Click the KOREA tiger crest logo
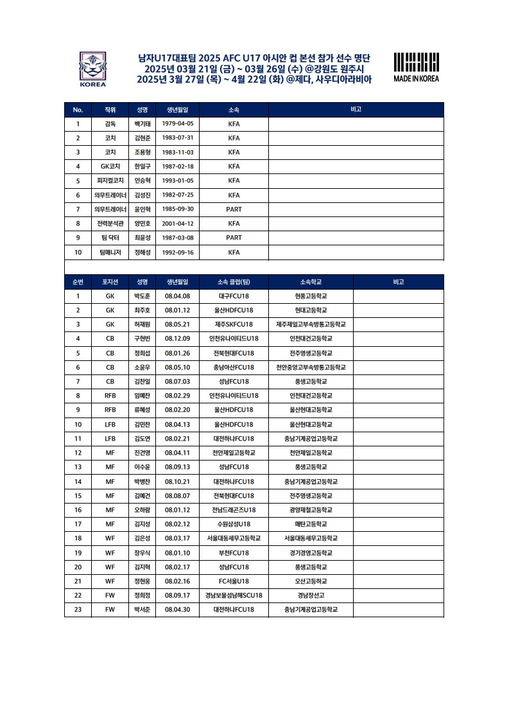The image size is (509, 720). pyautogui.click(x=92, y=68)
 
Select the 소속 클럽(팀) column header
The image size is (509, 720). pyautogui.click(x=234, y=282)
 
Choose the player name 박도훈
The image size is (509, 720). pyautogui.click(x=141, y=296)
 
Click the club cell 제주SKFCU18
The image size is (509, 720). pyautogui.click(x=234, y=324)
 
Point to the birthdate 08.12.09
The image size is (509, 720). pyautogui.click(x=177, y=338)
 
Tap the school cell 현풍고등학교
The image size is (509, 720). pyautogui.click(x=311, y=296)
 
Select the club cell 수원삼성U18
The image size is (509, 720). pyautogui.click(x=234, y=524)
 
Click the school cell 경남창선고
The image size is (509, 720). pyautogui.click(x=311, y=595)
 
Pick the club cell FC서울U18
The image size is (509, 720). pyautogui.click(x=234, y=581)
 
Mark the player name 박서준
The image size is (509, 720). pyautogui.click(x=141, y=610)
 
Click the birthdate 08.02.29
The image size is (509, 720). pyautogui.click(x=177, y=396)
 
